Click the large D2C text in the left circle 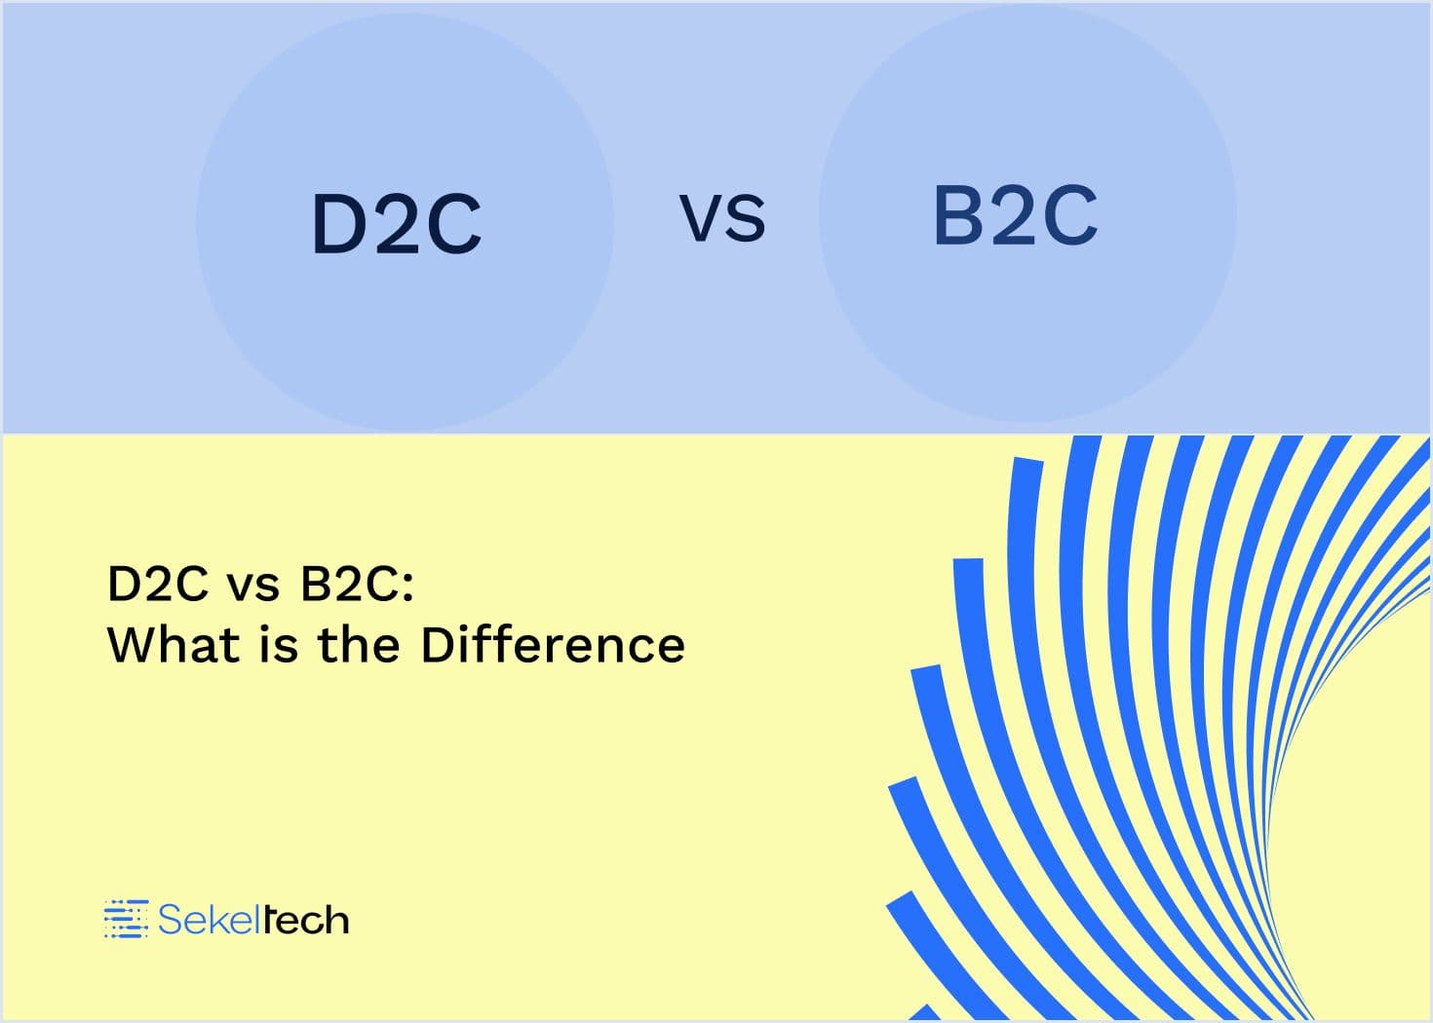[397, 224]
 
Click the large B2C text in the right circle [1016, 215]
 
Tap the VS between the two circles [722, 218]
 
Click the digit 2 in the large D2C [398, 224]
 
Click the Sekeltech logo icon [126, 919]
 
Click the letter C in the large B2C [1071, 215]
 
